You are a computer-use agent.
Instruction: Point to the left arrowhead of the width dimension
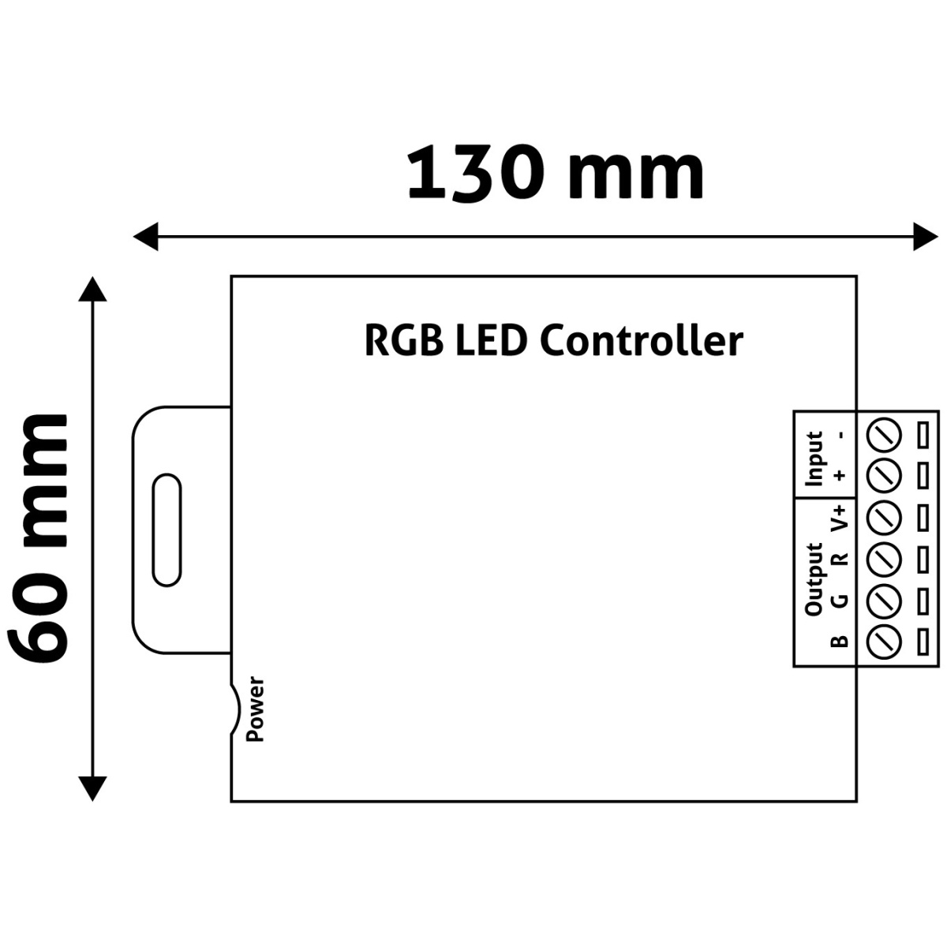pos(146,235)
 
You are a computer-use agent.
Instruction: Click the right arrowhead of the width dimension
pos(925,235)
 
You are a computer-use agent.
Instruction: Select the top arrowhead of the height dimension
pos(93,289)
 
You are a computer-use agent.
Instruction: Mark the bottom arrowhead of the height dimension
pos(93,788)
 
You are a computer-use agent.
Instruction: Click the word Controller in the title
pos(642,341)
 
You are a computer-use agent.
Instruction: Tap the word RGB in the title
pos(402,341)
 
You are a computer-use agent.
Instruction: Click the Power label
pos(256,709)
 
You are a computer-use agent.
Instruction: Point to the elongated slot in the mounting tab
pos(167,530)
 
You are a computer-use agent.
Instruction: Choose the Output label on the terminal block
pos(814,578)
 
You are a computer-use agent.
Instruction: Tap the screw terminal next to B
pos(884,640)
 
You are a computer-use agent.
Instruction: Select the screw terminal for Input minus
pos(884,433)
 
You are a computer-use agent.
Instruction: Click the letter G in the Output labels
pos(840,600)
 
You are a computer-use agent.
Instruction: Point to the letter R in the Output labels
pos(840,559)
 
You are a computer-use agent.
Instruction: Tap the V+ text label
pos(840,517)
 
